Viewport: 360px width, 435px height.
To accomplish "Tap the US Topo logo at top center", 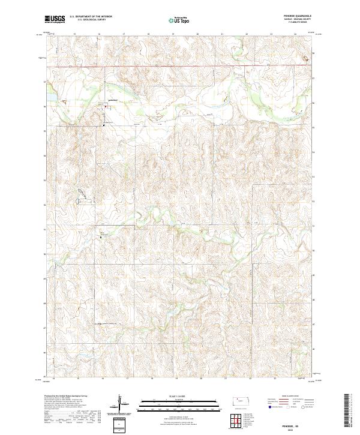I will [179, 19].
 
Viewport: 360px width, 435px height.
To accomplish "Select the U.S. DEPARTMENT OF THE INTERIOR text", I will [91, 17].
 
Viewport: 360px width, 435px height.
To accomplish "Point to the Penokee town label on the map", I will [112, 100].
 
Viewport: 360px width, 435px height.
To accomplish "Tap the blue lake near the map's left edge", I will [50, 97].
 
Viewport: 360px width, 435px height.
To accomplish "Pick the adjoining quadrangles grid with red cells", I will [239, 421].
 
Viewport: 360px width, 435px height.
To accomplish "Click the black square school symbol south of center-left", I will [100, 238].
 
